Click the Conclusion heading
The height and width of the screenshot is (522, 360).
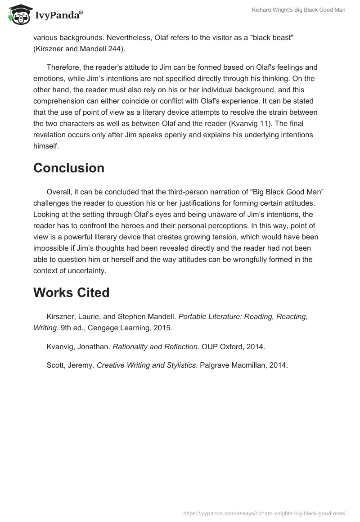point(69,168)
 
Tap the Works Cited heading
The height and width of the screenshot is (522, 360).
point(72,292)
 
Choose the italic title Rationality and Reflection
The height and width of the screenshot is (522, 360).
point(155,346)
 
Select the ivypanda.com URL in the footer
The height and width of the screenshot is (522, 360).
point(264,513)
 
